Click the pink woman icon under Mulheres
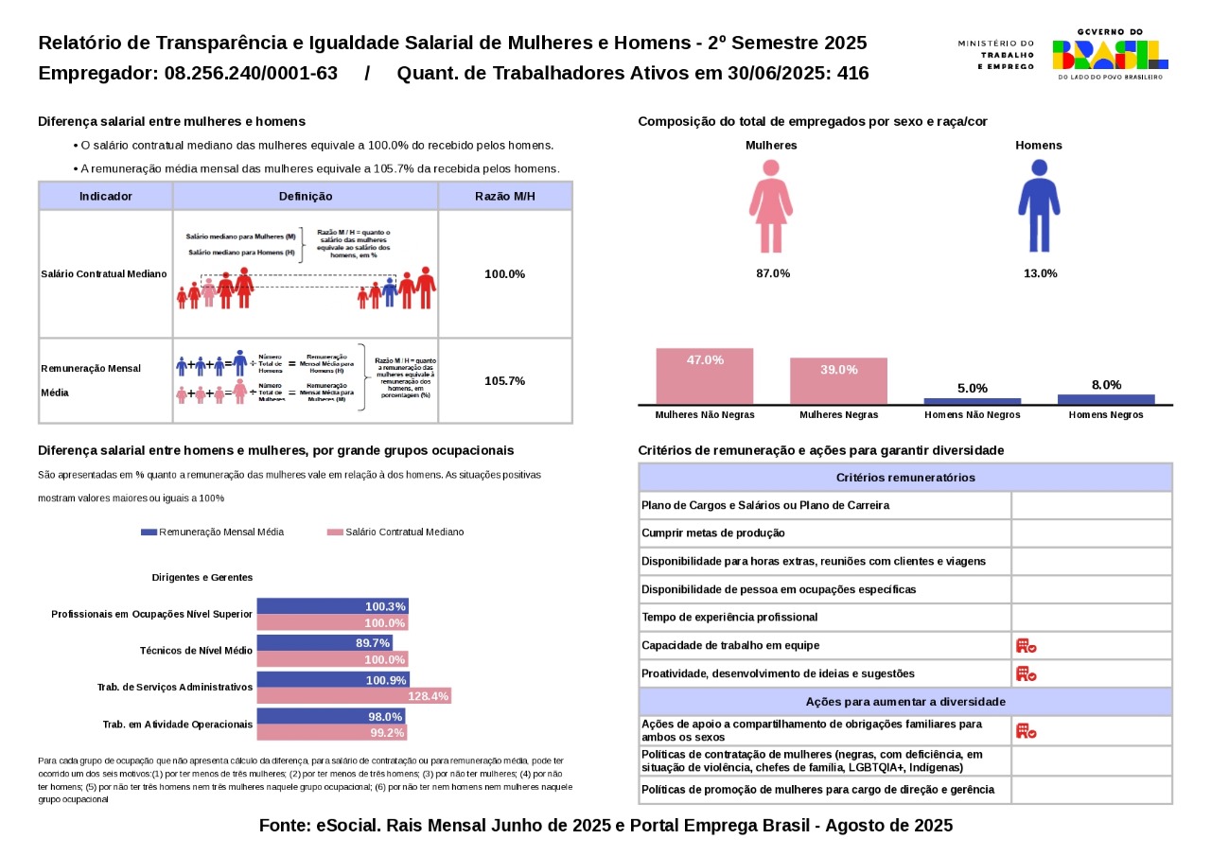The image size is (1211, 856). [x=770, y=205]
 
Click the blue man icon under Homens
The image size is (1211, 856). [x=1039, y=205]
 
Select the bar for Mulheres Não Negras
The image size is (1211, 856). [x=705, y=376]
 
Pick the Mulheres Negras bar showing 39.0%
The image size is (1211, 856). [x=839, y=380]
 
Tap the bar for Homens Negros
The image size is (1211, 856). [x=1106, y=399]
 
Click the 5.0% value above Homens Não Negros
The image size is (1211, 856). [x=973, y=388]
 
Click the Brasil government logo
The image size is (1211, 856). [x=1110, y=54]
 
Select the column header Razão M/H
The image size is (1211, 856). [x=504, y=196]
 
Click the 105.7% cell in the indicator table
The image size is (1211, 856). [x=504, y=381]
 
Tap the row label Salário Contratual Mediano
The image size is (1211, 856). [x=104, y=273]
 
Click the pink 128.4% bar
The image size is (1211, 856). [x=354, y=696]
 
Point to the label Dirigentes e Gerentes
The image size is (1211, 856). [x=202, y=577]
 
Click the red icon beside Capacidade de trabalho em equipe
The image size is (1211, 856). [x=1027, y=646]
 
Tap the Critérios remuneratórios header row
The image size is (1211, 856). [x=905, y=478]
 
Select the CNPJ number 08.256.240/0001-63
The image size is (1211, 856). [x=251, y=74]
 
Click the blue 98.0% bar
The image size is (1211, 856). [x=331, y=717]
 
